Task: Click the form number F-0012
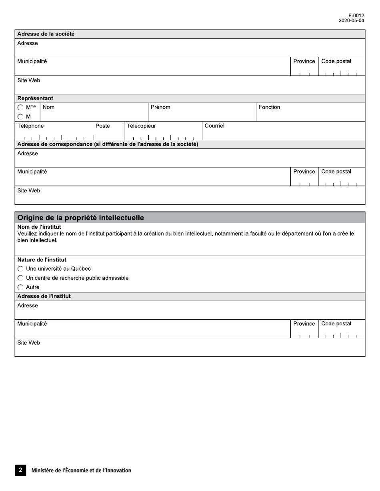click(356, 16)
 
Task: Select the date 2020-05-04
click(351, 21)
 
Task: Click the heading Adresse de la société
click(46, 34)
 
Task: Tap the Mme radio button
click(20, 107)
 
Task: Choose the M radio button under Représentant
click(20, 117)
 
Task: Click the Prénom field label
click(160, 107)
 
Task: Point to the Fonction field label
click(269, 107)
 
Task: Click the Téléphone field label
click(30, 126)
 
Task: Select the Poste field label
click(102, 126)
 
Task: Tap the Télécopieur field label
click(141, 126)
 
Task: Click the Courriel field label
click(214, 126)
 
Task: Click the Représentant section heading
click(35, 98)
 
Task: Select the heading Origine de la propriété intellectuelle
click(80, 218)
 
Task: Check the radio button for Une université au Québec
click(20, 269)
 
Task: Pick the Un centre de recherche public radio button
click(20, 278)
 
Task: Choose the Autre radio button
click(20, 287)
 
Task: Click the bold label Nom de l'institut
click(39, 227)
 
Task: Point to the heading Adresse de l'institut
click(44, 296)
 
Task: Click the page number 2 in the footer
click(20, 470)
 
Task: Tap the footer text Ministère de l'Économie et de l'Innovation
click(81, 470)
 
